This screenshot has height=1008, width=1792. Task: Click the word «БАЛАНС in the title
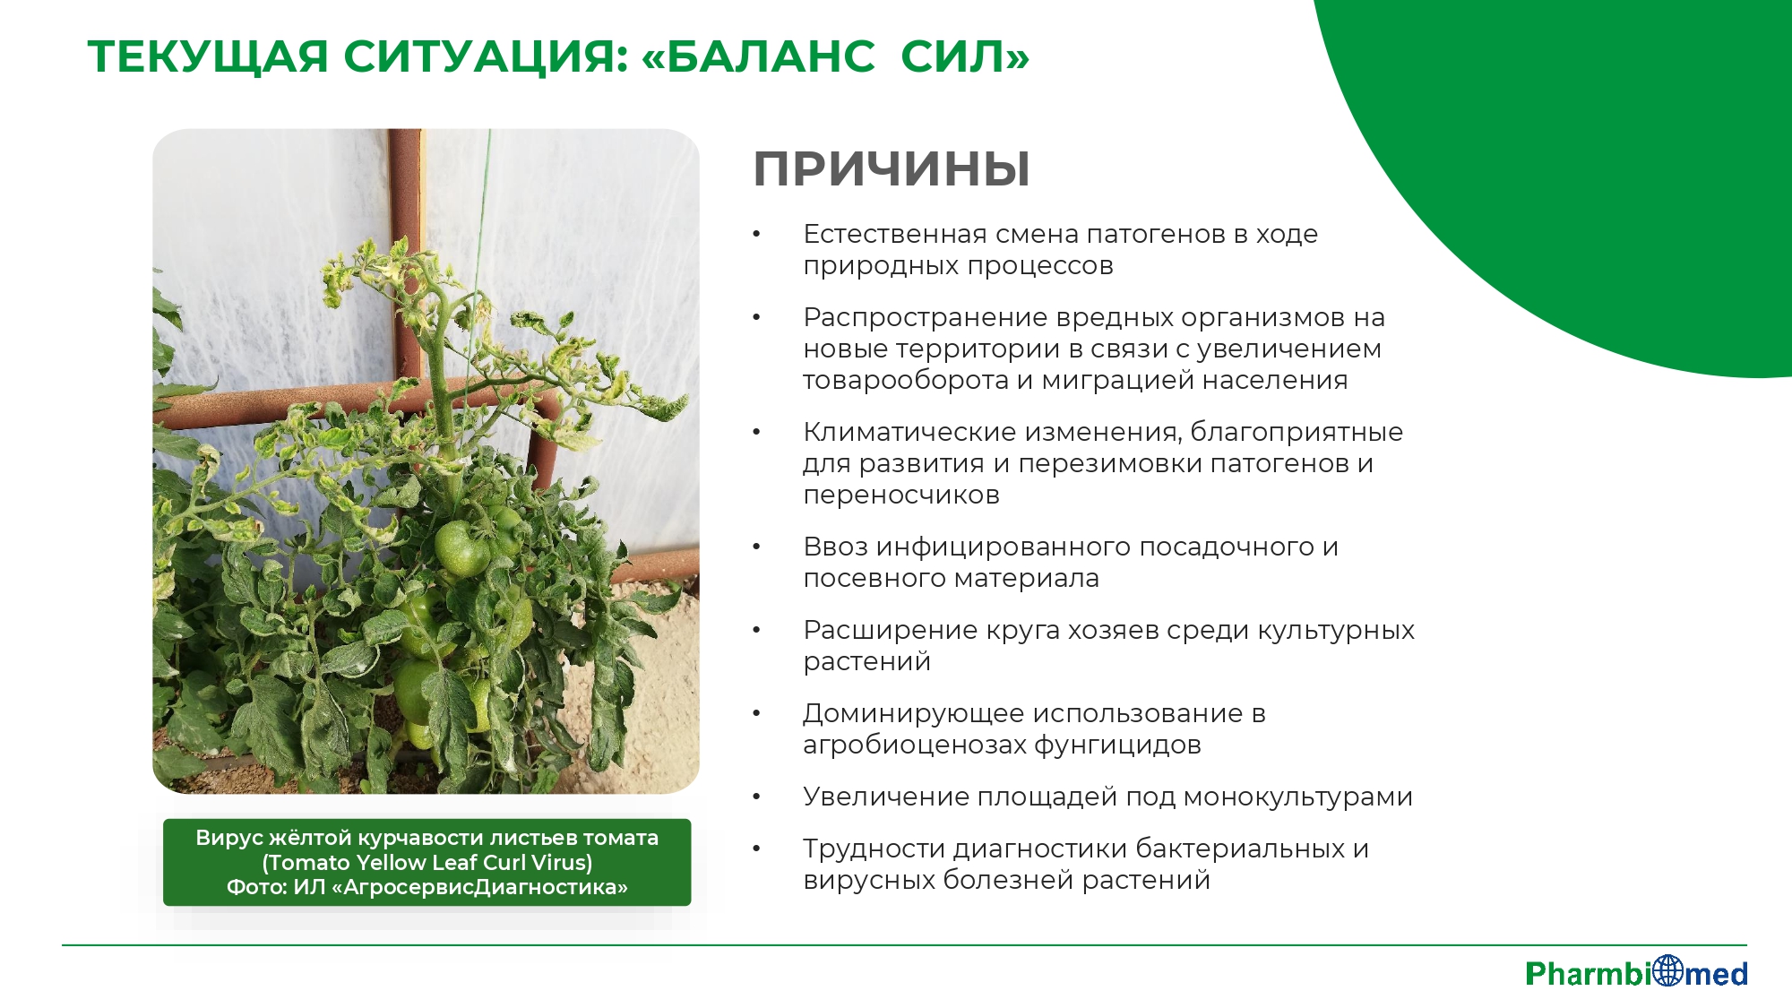tap(758, 56)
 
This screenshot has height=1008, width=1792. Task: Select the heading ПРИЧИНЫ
tap(892, 168)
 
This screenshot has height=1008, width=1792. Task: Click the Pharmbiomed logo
tap(1636, 972)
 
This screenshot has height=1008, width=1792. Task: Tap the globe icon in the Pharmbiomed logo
tap(1667, 970)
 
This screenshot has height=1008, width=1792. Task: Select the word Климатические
tap(910, 432)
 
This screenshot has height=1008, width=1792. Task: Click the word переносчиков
tap(901, 495)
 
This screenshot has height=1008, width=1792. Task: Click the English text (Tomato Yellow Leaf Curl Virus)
tap(427, 863)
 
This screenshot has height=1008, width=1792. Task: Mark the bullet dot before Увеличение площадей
tap(756, 797)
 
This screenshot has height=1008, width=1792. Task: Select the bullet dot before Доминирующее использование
tap(756, 713)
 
